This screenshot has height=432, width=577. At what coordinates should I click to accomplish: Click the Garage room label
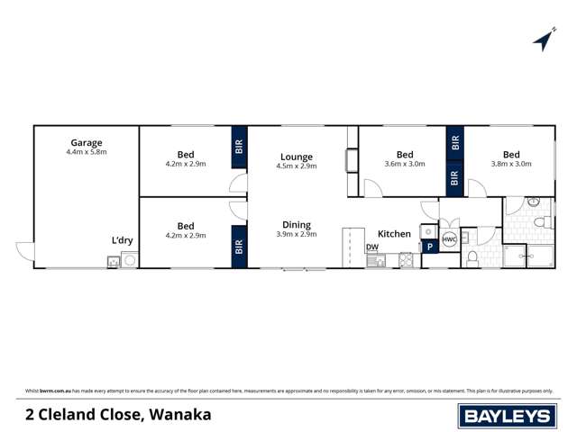pyautogui.click(x=87, y=142)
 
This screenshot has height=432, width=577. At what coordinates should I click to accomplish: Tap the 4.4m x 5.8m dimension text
pyautogui.click(x=87, y=152)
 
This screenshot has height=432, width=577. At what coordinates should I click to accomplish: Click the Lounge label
pyautogui.click(x=296, y=157)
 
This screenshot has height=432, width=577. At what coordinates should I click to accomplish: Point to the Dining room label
pyautogui.click(x=296, y=225)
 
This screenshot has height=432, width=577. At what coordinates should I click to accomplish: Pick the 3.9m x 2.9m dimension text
pyautogui.click(x=296, y=235)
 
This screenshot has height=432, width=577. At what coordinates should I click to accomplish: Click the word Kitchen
pyautogui.click(x=394, y=234)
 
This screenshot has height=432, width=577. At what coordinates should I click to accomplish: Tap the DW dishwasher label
pyautogui.click(x=371, y=247)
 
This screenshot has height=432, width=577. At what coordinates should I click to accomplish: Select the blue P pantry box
pyautogui.click(x=429, y=247)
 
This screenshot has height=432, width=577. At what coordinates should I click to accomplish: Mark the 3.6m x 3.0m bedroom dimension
pyautogui.click(x=405, y=164)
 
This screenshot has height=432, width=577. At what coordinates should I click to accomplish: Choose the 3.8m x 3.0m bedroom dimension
pyautogui.click(x=511, y=164)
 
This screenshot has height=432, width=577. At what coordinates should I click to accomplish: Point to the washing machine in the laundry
pyautogui.click(x=130, y=262)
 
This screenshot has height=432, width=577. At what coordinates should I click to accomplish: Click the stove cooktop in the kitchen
pyautogui.click(x=406, y=261)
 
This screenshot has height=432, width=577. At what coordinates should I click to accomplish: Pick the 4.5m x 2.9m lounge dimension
pyautogui.click(x=296, y=167)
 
